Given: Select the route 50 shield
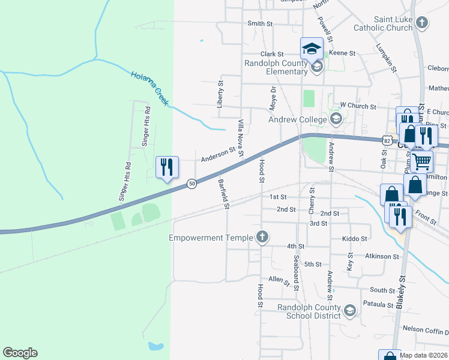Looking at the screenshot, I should pyautogui.click(x=191, y=184).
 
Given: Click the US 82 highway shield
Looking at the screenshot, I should pyautogui.click(x=387, y=139).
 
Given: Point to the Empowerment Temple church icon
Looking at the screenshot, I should pyautogui.click(x=261, y=238).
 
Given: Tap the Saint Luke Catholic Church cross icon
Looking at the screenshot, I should pyautogui.click(x=422, y=23).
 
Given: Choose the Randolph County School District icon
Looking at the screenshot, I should pyautogui.click(x=350, y=311).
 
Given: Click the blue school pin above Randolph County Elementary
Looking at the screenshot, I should pyautogui.click(x=312, y=48).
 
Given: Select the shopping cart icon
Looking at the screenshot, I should pyautogui.click(x=422, y=160).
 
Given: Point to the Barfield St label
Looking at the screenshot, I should pyautogui.click(x=224, y=194).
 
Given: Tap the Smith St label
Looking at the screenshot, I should pyautogui.click(x=260, y=24).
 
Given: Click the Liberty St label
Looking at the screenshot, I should pyautogui.click(x=220, y=92).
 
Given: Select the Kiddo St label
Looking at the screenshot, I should pyautogui.click(x=354, y=238).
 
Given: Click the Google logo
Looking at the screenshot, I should pyautogui.click(x=20, y=353).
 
